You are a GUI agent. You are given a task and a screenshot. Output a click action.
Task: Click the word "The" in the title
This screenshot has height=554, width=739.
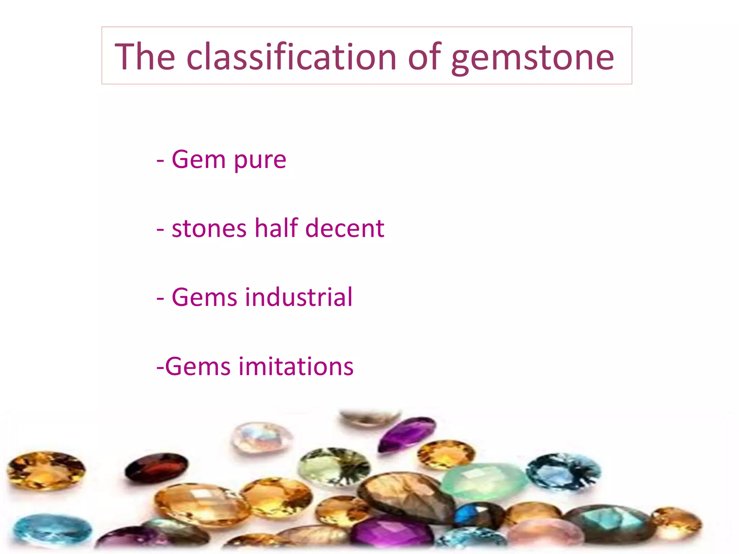click(x=145, y=57)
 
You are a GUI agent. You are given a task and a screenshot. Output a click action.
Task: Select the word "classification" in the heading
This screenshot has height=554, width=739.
click(x=292, y=57)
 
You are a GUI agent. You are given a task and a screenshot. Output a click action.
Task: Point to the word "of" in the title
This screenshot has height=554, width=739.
click(x=424, y=57)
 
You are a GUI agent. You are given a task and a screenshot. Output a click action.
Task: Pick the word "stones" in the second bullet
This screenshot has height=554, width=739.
click(x=209, y=229)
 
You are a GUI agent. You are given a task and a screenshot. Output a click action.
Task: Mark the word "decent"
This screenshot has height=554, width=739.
click(x=345, y=229)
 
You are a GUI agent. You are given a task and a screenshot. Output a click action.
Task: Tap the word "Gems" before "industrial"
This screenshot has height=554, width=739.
click(x=204, y=298)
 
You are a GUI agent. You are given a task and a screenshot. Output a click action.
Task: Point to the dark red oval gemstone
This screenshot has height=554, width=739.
click(x=156, y=467)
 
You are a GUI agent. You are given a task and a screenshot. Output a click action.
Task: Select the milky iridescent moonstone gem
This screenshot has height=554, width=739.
click(x=261, y=438)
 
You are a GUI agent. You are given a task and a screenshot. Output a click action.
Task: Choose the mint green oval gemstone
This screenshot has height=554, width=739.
click(x=484, y=480)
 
